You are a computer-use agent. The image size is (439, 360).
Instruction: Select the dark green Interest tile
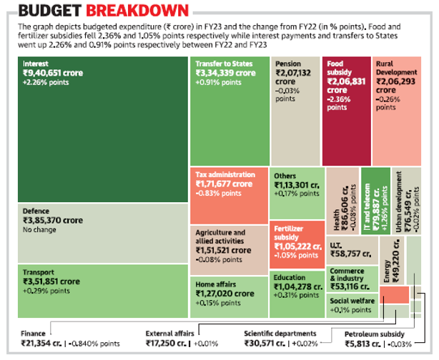103,129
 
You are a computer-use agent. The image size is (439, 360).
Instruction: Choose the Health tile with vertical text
342,211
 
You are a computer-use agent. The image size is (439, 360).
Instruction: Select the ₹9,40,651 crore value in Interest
51,73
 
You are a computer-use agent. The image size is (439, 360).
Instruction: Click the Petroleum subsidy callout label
375,334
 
